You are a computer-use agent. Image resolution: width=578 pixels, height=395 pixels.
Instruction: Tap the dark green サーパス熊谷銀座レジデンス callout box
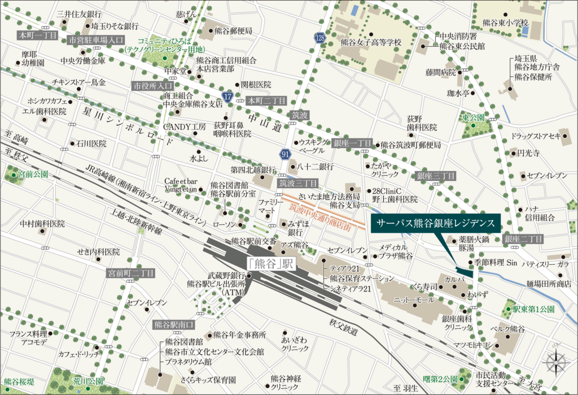435,223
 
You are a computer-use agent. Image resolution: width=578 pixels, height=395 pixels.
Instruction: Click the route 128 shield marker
319,38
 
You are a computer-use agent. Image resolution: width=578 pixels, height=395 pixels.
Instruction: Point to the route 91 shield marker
285,153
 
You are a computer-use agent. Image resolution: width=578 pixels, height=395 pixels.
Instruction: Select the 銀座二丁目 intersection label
523,239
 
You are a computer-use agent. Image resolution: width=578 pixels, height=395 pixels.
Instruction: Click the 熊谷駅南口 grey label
173,325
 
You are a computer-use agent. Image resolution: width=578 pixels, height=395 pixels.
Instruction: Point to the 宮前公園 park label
32,175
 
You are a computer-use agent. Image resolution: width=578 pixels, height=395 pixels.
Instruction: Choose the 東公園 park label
473,118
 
